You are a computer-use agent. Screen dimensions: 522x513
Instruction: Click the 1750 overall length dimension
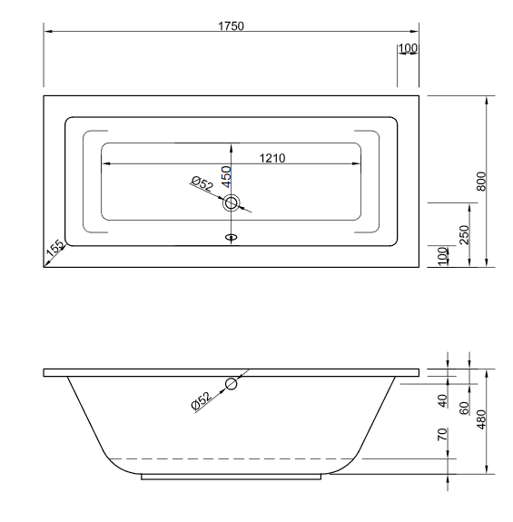click(231, 25)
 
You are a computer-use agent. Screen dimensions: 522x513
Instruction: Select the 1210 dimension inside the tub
click(272, 158)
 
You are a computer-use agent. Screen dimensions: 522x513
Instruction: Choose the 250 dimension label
click(463, 234)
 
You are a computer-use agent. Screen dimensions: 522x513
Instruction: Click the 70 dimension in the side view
click(444, 435)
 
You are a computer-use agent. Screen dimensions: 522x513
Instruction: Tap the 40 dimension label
click(444, 399)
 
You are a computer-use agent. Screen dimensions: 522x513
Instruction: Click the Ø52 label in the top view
click(202, 185)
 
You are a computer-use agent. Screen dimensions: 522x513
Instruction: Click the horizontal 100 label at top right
click(408, 47)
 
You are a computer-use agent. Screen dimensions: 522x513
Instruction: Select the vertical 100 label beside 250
click(444, 255)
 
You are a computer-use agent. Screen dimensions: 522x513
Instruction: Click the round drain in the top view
click(232, 204)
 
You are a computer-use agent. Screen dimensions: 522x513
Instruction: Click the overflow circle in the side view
click(232, 385)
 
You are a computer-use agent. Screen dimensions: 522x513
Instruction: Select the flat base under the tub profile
click(232, 476)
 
